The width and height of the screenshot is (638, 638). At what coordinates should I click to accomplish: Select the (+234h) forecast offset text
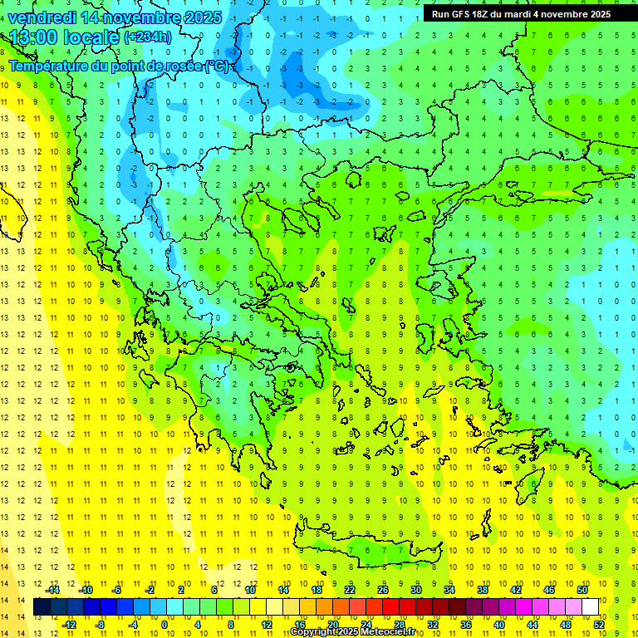pyautogui.click(x=148, y=37)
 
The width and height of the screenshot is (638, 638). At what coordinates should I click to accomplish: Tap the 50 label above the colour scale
pyautogui.click(x=582, y=590)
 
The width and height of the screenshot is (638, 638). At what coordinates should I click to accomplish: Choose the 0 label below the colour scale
pyautogui.click(x=164, y=625)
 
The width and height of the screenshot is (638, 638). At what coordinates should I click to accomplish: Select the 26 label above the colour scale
pyautogui.click(x=382, y=590)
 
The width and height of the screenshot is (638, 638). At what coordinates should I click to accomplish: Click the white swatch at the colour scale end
pyautogui.click(x=590, y=607)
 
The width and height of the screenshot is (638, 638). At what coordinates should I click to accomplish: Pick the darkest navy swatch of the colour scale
pyautogui.click(x=42, y=607)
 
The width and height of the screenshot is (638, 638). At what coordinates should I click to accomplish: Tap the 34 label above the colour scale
pyautogui.click(x=449, y=590)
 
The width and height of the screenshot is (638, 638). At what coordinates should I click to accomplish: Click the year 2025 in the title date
pyautogui.click(x=195, y=17)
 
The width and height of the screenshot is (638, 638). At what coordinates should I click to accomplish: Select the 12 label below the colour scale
pyautogui.click(x=266, y=625)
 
